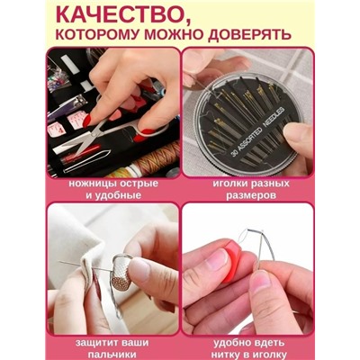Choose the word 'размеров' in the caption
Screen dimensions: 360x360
[x=247, y=195]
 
